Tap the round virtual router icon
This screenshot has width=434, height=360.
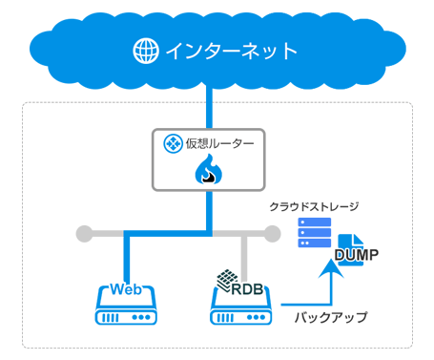[x=174, y=144]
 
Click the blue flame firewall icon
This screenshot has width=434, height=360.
[x=208, y=172]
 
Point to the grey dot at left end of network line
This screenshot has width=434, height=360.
[x=85, y=232]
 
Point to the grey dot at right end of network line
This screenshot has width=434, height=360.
[x=272, y=232]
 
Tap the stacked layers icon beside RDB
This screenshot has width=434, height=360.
[x=225, y=281]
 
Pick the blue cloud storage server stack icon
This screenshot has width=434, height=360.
[x=315, y=234]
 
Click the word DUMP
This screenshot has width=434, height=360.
[x=359, y=255]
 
